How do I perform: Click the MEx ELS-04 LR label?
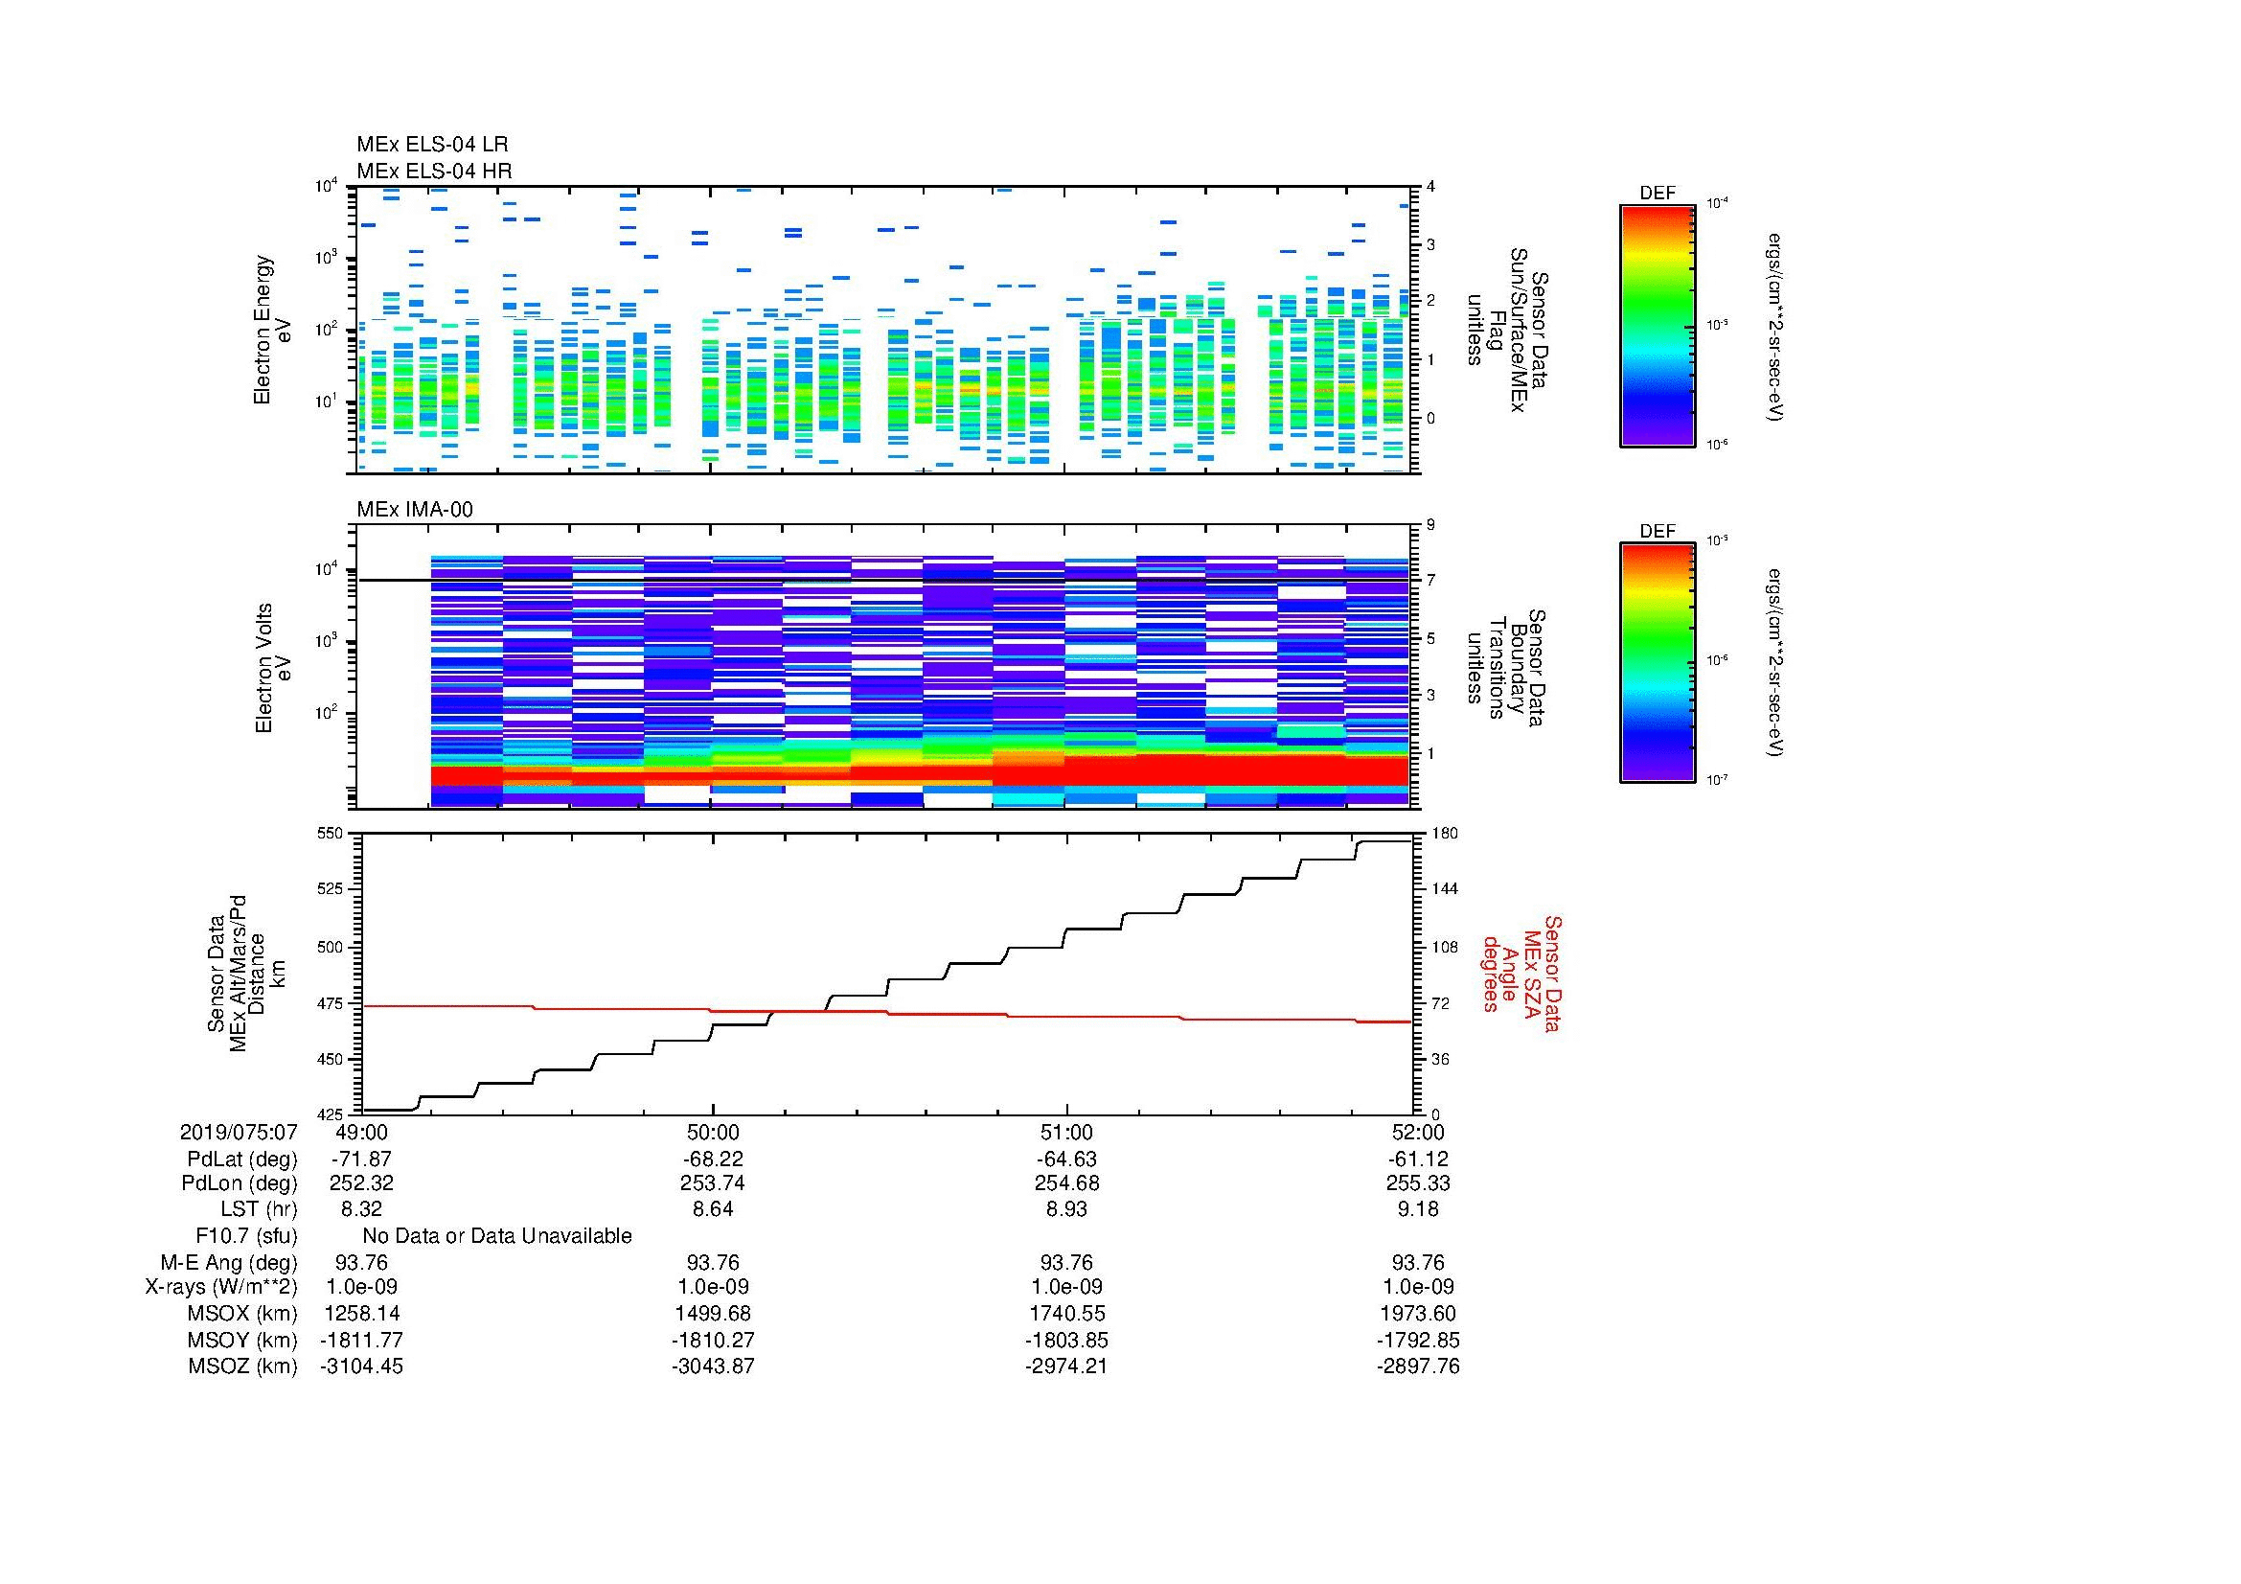tap(431, 145)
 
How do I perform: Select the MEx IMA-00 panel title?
tap(414, 510)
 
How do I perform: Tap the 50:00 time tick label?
tap(713, 1132)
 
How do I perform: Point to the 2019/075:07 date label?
tap(239, 1132)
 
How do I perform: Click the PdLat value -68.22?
tap(713, 1159)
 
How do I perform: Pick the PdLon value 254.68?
tap(1066, 1183)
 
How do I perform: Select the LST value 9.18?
tap(1418, 1209)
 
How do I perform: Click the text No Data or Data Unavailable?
tap(497, 1236)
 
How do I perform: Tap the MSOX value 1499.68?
tap(713, 1314)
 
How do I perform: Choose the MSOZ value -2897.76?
tap(1418, 1366)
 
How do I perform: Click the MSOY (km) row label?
tap(242, 1340)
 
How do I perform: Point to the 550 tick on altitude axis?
tap(331, 834)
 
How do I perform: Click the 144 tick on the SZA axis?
tap(1444, 889)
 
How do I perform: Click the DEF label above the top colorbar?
tap(1657, 194)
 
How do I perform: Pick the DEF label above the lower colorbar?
tap(1657, 531)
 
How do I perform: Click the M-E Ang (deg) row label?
tap(229, 1262)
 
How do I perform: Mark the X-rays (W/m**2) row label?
tap(220, 1287)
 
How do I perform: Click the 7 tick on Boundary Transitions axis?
tap(1431, 581)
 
